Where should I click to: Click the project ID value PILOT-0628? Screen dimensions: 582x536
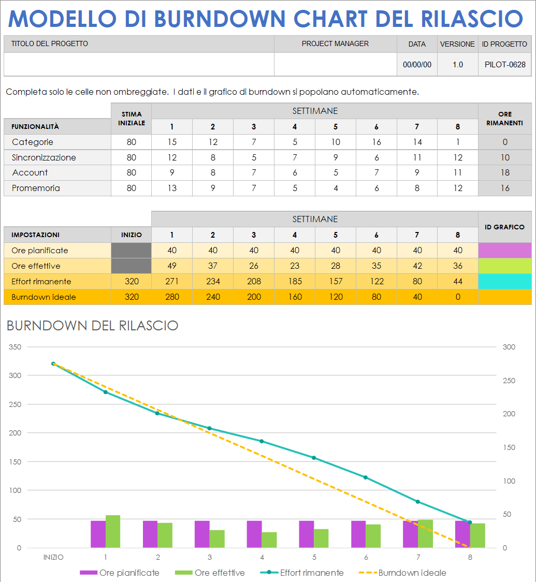point(505,65)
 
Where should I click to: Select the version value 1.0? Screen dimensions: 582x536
point(457,65)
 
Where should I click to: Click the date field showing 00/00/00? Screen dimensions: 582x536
point(417,65)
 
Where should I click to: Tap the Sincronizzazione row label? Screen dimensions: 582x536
point(44,157)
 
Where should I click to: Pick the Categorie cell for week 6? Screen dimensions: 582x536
point(376,142)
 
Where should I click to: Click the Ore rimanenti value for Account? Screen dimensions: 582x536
point(505,172)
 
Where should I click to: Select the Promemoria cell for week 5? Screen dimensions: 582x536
point(336,188)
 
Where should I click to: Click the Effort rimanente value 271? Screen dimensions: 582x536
point(172,281)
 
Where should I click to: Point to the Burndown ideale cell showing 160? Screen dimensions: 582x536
point(295,297)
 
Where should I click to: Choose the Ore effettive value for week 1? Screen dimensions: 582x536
point(172,266)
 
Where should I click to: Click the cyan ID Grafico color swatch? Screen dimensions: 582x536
point(505,281)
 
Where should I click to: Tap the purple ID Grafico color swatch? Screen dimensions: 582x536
point(505,250)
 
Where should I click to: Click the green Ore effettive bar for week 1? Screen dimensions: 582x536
point(113,532)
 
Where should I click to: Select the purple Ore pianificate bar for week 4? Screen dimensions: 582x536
point(254,534)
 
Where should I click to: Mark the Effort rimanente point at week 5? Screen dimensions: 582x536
point(314,458)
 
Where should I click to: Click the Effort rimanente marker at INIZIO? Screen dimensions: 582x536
point(53,363)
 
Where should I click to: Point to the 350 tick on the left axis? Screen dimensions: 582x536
point(15,347)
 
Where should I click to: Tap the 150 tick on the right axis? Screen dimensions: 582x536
point(509,447)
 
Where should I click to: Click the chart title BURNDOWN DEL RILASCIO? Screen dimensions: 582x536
point(92,325)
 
